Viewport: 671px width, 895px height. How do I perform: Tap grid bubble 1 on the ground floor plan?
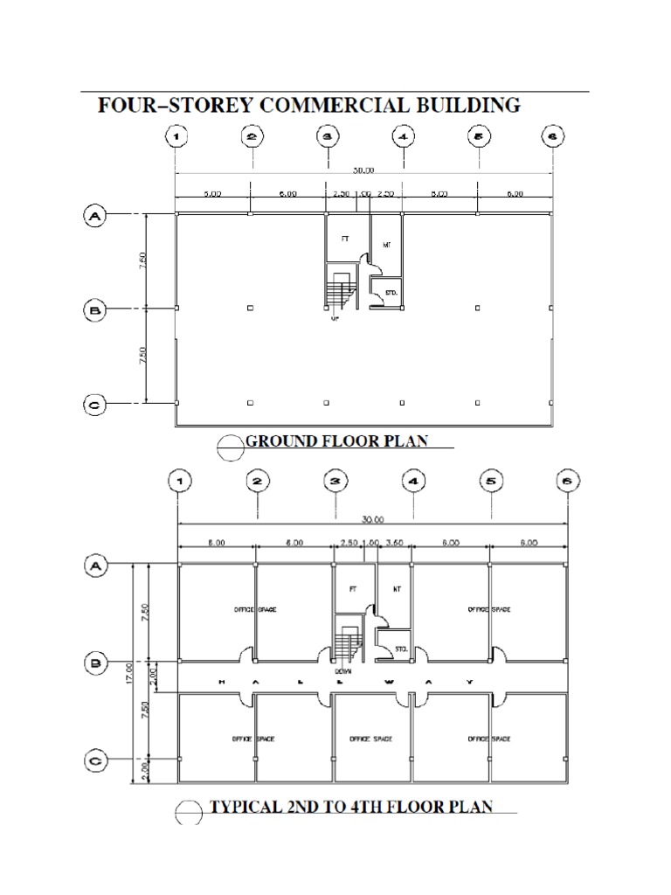176,137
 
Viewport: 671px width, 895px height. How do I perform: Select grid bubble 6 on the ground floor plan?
553,137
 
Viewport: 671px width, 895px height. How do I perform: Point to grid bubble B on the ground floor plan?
94,309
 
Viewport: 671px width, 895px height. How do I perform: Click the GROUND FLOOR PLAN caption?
336,441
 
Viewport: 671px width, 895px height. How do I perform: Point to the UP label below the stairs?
335,318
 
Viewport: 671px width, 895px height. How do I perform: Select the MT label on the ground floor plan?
385,246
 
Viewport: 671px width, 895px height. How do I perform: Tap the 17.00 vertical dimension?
128,672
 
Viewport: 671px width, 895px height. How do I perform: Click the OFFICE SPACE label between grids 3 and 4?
371,739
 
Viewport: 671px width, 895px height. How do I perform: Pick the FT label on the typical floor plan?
354,588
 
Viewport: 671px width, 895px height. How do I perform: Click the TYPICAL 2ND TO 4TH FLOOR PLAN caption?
350,807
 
